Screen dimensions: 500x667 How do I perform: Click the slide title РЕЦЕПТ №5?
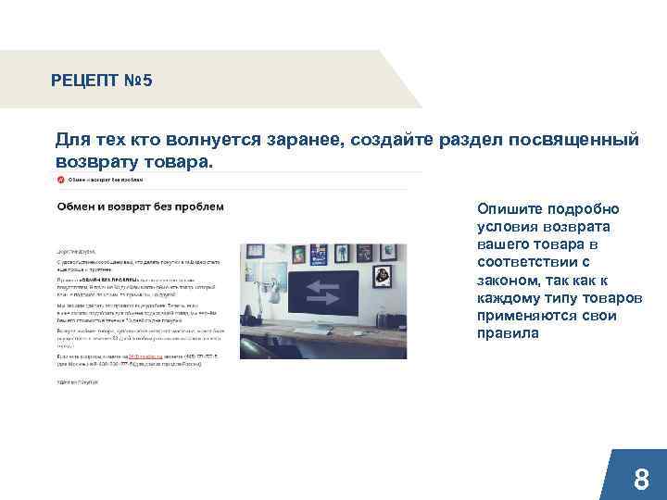point(102,81)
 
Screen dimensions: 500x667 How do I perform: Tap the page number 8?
point(640,480)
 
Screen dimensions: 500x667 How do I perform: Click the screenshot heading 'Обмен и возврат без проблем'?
point(139,206)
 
